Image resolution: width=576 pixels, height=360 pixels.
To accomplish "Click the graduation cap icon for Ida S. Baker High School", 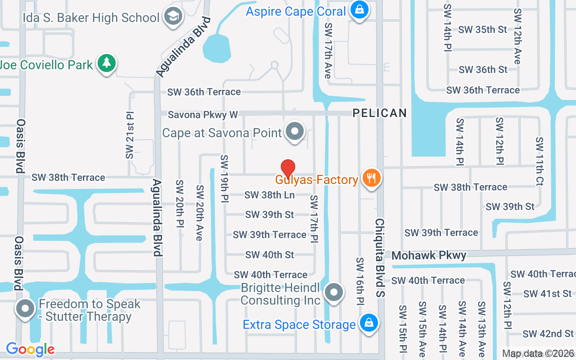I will pyautogui.click(x=171, y=17).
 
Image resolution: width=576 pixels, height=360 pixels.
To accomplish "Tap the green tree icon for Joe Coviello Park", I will pyautogui.click(x=106, y=63).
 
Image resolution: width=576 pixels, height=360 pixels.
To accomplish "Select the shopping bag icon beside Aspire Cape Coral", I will pyautogui.click(x=359, y=10).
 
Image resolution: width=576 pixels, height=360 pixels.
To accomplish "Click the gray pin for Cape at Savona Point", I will pyautogui.click(x=295, y=132).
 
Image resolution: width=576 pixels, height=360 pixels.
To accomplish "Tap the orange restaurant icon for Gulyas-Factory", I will pyautogui.click(x=371, y=178).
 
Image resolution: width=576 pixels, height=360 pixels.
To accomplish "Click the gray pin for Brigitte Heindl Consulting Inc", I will pyautogui.click(x=333, y=292).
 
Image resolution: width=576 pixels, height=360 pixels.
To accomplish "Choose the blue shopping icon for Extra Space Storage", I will pyautogui.click(x=369, y=323).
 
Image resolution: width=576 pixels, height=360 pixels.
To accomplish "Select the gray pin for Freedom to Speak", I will pyautogui.click(x=25, y=309).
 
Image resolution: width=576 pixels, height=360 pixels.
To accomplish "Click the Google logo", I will pyautogui.click(x=30, y=349).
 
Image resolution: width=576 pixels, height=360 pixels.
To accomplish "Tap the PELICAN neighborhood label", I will pyautogui.click(x=380, y=113).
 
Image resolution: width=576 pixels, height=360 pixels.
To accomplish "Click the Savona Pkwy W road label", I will pyautogui.click(x=202, y=115).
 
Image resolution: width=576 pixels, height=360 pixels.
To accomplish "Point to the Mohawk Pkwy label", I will pyautogui.click(x=429, y=256).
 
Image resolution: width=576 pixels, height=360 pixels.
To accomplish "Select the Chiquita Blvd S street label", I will pyautogui.click(x=380, y=258).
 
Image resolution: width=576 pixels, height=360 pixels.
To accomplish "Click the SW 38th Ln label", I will pyautogui.click(x=270, y=195).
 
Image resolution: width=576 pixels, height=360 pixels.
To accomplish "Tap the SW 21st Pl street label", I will pyautogui.click(x=130, y=134).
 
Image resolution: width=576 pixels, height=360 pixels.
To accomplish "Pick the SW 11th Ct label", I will pyautogui.click(x=540, y=155).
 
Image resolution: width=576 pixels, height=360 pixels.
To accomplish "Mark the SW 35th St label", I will pyautogui.click(x=482, y=30).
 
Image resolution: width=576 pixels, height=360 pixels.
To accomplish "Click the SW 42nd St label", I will pyautogui.click(x=548, y=334).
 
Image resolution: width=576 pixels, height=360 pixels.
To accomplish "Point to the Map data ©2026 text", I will pyautogui.click(x=538, y=354).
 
